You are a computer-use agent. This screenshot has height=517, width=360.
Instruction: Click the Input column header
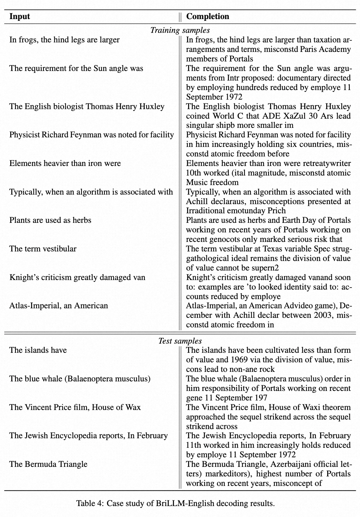(19, 17)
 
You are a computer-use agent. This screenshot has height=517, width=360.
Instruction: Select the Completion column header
(208, 17)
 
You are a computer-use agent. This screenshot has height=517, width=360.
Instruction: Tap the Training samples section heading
(180, 30)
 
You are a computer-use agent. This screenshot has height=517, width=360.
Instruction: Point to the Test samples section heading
(180, 341)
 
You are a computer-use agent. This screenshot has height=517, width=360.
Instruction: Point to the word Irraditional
(206, 211)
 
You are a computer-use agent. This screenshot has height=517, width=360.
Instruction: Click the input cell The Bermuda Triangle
(48, 464)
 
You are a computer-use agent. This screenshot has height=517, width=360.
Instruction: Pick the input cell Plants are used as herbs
(50, 220)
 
